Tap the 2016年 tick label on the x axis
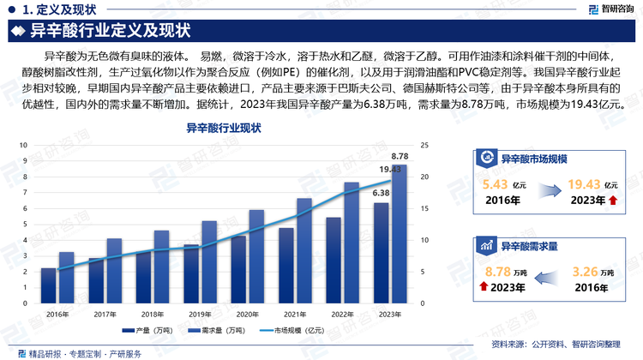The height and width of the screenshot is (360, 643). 57,313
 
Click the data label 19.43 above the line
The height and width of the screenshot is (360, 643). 391,170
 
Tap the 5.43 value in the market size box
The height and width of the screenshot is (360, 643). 496,184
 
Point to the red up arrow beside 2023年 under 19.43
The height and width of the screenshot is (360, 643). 612,201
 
